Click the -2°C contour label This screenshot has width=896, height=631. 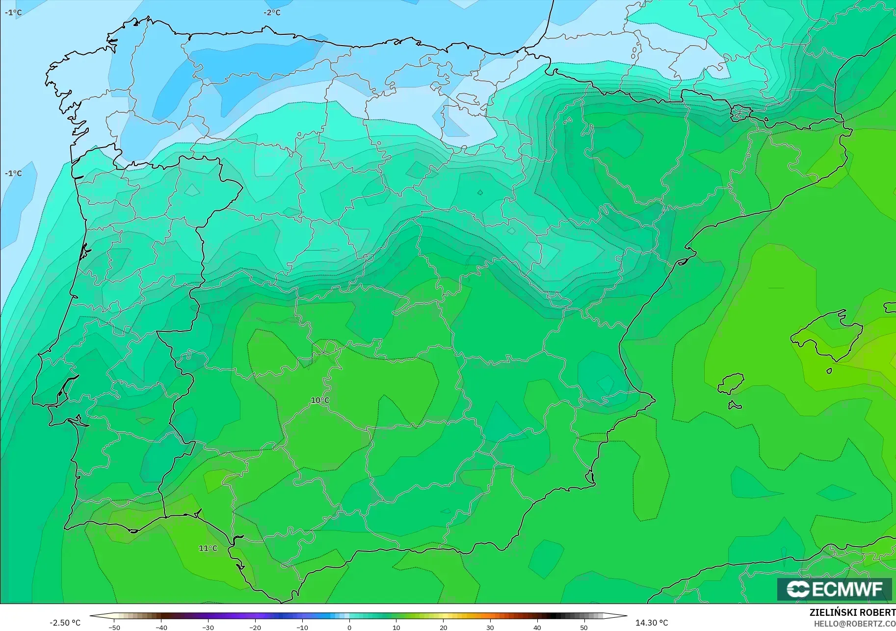(272, 12)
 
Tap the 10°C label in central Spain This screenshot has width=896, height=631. (320, 401)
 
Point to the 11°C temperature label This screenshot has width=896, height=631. (208, 548)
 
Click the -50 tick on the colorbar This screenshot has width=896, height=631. (114, 627)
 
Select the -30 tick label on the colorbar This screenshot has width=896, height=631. (208, 627)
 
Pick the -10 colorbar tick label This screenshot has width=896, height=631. (302, 627)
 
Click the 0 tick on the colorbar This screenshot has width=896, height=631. (349, 627)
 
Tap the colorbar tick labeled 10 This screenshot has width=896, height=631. (396, 627)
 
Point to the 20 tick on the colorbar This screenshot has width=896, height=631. (443, 627)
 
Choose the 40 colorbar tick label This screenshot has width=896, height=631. (537, 627)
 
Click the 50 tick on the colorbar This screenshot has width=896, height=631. (584, 627)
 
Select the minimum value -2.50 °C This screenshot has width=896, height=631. (65, 623)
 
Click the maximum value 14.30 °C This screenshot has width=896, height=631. (652, 623)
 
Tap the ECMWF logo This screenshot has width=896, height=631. (834, 589)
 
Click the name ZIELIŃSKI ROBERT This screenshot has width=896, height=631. (852, 613)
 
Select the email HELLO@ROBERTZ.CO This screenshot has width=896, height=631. (855, 624)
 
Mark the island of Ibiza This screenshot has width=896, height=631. (731, 383)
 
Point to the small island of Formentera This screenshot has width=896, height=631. (735, 405)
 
